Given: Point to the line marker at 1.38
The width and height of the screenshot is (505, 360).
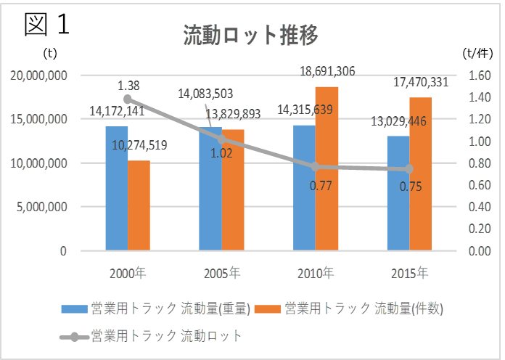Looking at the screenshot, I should coord(128,99).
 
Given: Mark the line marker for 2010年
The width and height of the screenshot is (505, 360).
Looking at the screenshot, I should coord(316,166).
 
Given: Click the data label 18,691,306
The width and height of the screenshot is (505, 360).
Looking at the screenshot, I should coord(327,71).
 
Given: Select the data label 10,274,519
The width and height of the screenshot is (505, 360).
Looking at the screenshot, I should coord(139,145).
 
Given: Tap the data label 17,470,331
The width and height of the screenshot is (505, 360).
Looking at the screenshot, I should coord(421,83).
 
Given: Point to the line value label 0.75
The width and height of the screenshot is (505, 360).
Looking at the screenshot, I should coord(411,187).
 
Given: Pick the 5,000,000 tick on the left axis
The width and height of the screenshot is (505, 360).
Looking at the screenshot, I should coord(43,207).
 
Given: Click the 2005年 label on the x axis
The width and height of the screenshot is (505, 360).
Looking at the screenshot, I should coord(222,274).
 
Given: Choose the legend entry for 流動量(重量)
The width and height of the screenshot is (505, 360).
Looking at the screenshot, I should coord(156,308).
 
